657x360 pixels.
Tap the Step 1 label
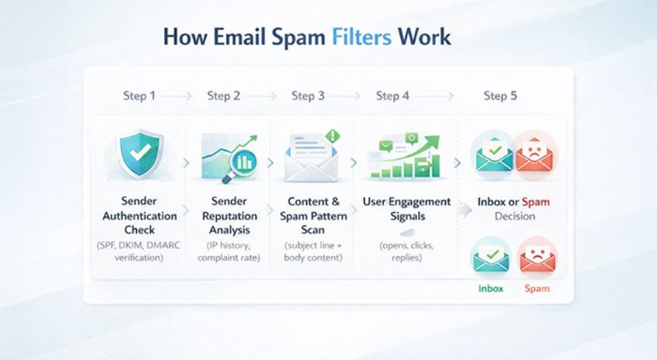tap(139, 95)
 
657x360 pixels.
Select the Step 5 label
tap(500, 95)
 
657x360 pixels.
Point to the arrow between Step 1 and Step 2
tap(181, 96)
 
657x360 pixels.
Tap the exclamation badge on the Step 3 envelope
tap(332, 135)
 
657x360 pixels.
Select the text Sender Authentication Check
tap(140, 215)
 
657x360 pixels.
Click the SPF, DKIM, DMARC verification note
tap(140, 251)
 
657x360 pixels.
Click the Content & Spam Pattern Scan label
tap(313, 215)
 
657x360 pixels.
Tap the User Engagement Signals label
tap(406, 209)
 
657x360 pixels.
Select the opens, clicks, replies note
tap(406, 251)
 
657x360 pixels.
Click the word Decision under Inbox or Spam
tap(515, 216)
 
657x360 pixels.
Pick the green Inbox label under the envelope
tap(491, 288)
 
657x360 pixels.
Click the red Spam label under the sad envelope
tap(536, 288)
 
